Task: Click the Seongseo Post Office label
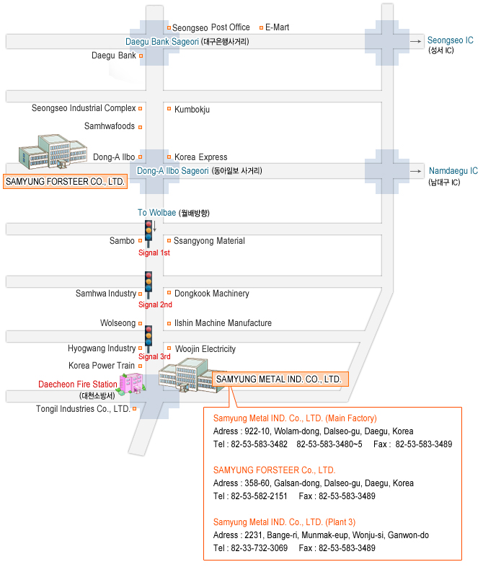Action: tap(211, 27)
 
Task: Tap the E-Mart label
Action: tap(277, 27)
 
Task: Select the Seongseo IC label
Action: tap(450, 40)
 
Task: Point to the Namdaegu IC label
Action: tap(453, 171)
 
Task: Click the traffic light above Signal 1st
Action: tap(149, 232)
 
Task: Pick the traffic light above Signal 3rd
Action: tap(149, 337)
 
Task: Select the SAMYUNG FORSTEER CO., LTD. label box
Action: tap(65, 182)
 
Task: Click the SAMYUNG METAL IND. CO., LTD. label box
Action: tap(278, 379)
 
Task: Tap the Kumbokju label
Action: tap(192, 110)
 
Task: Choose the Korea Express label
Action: tap(200, 157)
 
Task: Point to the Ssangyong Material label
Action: tap(209, 241)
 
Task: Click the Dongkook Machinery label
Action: tap(211, 294)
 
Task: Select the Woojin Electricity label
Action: tap(205, 349)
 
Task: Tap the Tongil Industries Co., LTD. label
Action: tap(83, 409)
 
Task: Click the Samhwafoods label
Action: tap(109, 126)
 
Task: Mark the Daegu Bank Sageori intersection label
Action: tap(162, 42)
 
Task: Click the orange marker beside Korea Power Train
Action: tap(141, 366)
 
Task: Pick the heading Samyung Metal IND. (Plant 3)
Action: tap(284, 522)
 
